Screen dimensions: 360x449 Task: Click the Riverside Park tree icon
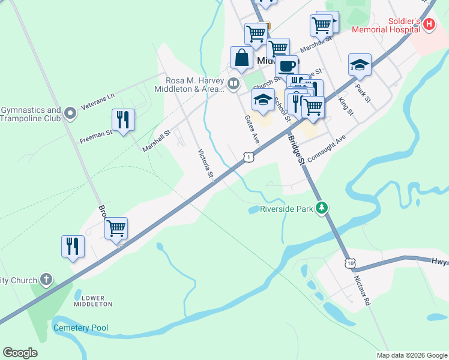pyautogui.click(x=323, y=208)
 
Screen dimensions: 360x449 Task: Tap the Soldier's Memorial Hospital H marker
pyautogui.click(x=429, y=25)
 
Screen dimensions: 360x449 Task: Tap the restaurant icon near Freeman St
pyautogui.click(x=123, y=119)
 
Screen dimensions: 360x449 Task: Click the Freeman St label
pyautogui.click(x=96, y=137)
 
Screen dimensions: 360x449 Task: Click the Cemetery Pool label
pyautogui.click(x=81, y=328)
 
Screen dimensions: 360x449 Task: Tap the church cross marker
pyautogui.click(x=47, y=279)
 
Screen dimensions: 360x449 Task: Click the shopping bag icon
pyautogui.click(x=241, y=58)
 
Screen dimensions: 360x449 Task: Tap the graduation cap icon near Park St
pyautogui.click(x=360, y=65)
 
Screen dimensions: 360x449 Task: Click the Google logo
pyautogui.click(x=20, y=353)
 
